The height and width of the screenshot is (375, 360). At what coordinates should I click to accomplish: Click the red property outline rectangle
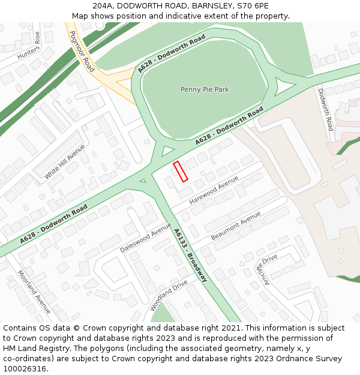181,171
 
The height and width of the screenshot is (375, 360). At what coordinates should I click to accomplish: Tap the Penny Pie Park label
205,89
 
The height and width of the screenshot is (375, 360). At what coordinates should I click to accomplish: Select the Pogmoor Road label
82,52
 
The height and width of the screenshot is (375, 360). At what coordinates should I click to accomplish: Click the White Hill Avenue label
65,162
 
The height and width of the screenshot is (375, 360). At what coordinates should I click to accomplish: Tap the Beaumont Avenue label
236,226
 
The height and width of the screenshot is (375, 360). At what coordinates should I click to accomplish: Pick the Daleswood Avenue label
146,237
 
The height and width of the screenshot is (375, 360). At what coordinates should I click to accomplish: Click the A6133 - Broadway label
190,255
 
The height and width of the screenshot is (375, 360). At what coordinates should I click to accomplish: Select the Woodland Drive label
169,295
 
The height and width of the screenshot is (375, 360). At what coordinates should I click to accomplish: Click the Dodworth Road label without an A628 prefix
325,110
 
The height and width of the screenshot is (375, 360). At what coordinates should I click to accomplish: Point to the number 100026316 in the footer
25,369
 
